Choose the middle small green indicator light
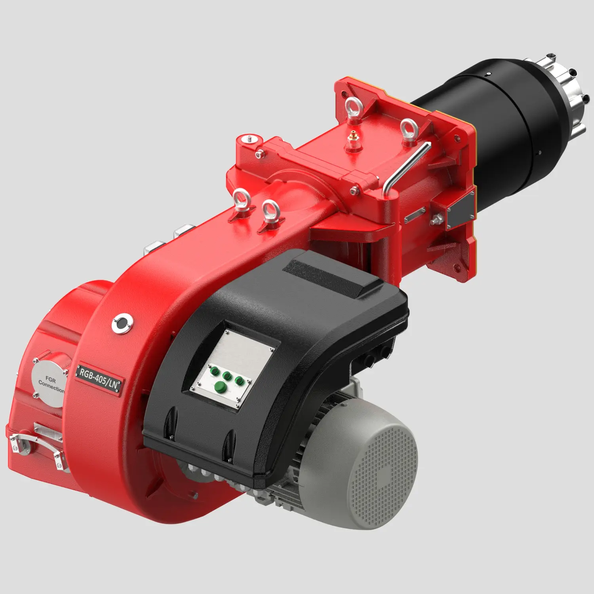tap(227, 376)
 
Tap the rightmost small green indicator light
tap(239, 380)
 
